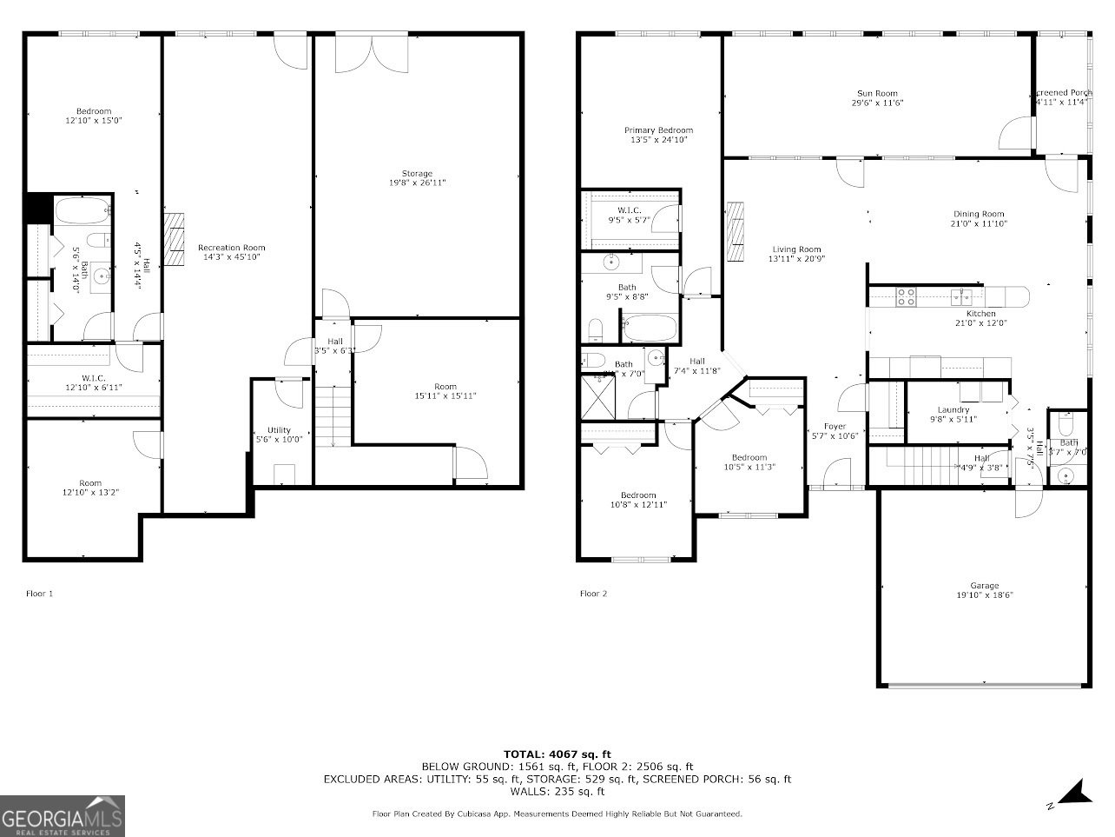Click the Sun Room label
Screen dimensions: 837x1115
tap(877, 93)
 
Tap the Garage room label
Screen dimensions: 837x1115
tap(984, 585)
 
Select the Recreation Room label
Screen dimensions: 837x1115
tap(231, 247)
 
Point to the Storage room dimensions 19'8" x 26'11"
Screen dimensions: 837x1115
tap(417, 183)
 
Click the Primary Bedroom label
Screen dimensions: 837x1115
tap(658, 130)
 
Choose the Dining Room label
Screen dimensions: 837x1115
tap(979, 214)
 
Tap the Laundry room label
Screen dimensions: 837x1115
tap(953, 410)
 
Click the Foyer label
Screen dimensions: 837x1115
tap(835, 426)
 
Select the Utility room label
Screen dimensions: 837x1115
tap(279, 429)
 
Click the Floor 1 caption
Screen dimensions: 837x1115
tap(39, 594)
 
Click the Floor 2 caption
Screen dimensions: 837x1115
tap(594, 594)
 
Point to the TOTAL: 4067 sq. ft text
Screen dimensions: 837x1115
tap(557, 754)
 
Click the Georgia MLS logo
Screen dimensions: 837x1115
tap(63, 816)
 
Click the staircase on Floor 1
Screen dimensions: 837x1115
tap(333, 417)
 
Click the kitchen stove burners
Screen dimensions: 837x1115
tap(906, 296)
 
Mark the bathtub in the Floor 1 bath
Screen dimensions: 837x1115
tap(82, 209)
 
